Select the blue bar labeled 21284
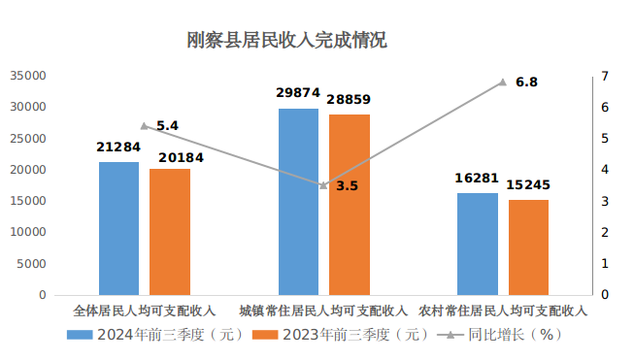coord(118,228)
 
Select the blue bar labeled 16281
coord(478,244)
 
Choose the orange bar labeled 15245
coord(528,246)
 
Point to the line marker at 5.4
coord(144,126)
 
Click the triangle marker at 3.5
coord(323,185)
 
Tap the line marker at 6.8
coord(503,82)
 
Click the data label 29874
coord(298,93)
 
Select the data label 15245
coord(528,184)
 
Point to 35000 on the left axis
coord(28,76)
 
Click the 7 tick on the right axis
coord(605,76)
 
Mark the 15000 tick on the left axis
coord(28,201)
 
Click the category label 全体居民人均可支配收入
coord(145,311)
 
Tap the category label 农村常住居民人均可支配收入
coord(503,311)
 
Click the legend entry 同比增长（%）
coord(504,335)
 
